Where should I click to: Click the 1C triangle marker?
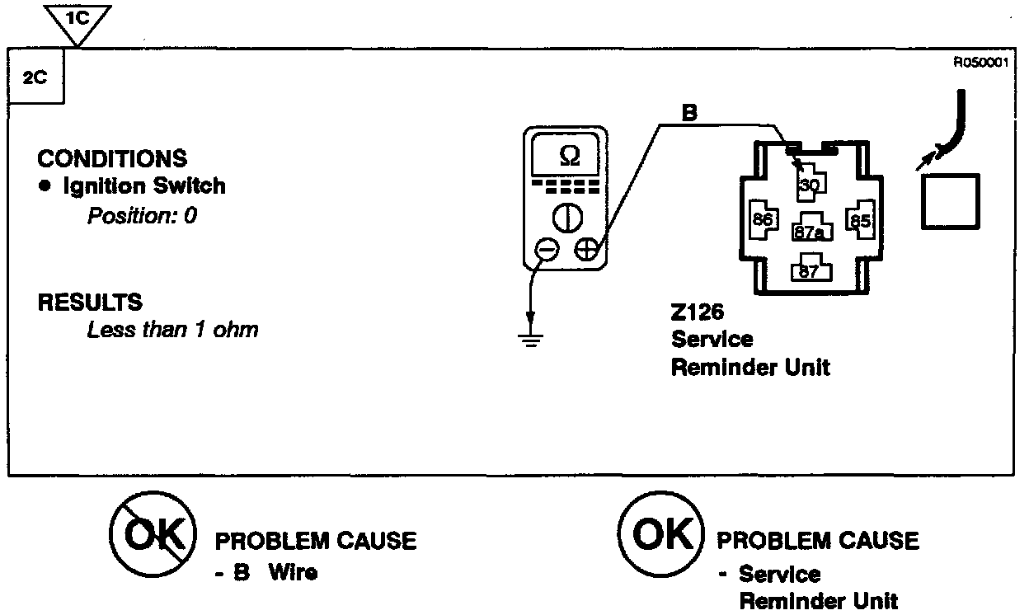pos(76,20)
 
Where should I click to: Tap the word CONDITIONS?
pos(112,158)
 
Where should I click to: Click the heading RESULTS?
pos(90,303)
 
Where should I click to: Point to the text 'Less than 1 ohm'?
pos(172,331)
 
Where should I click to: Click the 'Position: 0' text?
pos(142,216)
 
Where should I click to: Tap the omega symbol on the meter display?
pos(569,156)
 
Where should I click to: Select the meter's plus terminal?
pos(586,249)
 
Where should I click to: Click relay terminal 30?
pos(810,185)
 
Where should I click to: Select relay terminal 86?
pos(761,220)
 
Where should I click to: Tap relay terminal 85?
pos(860,220)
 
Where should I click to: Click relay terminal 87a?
pos(809,232)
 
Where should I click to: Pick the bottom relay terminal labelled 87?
pos(809,270)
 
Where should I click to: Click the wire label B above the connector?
pos(689,114)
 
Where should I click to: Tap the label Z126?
pos(698,314)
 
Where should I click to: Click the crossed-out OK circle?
pos(153,536)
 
